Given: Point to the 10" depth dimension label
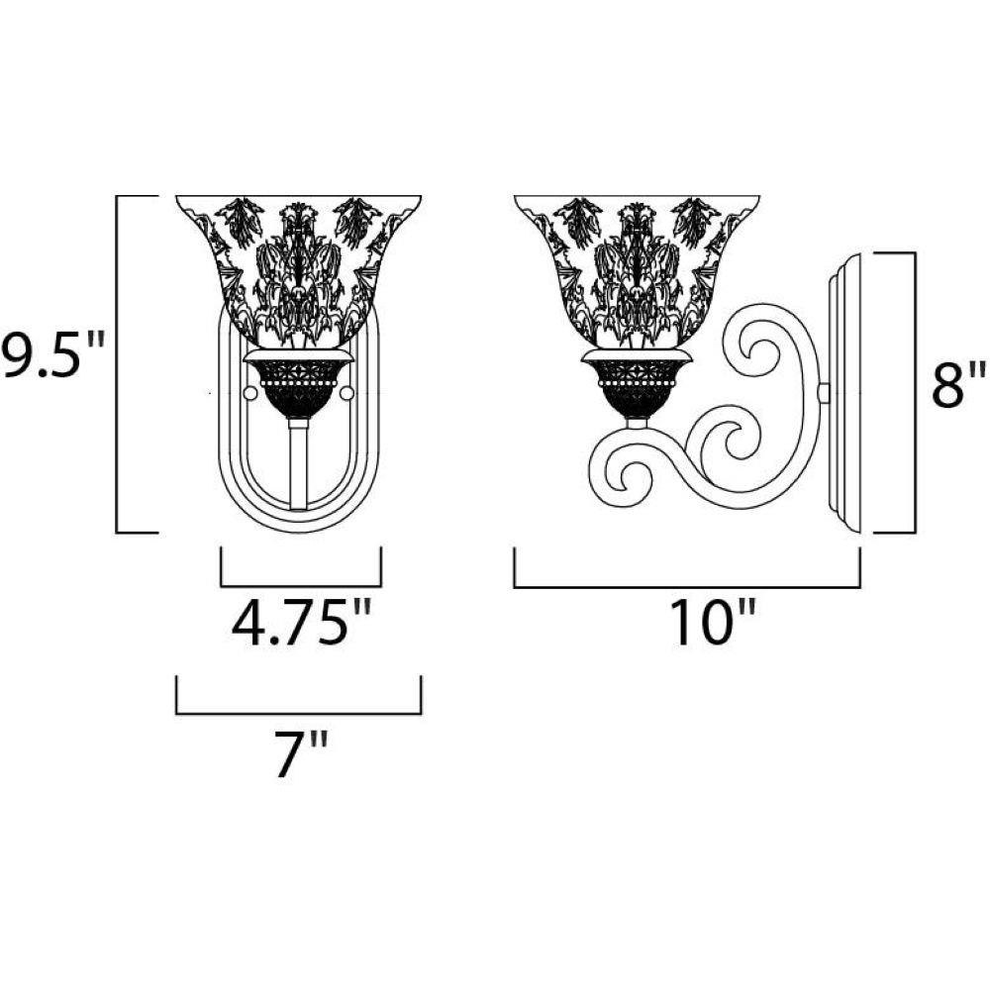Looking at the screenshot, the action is click(714, 623).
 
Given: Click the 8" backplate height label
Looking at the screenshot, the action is click(958, 384).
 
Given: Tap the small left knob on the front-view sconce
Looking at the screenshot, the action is click(250, 393).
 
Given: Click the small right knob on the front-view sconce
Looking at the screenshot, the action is click(346, 393).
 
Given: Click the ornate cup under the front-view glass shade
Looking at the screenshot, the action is click(298, 384).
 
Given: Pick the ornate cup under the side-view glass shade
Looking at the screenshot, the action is click(637, 384).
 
